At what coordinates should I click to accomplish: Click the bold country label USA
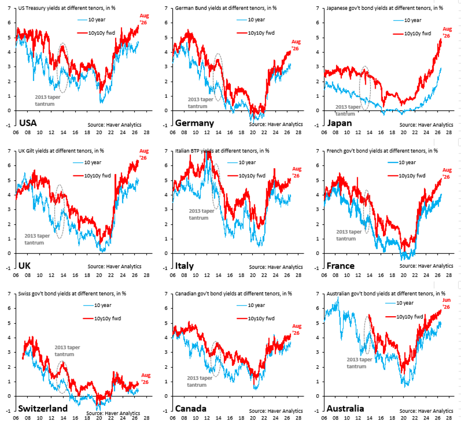click(x=28, y=123)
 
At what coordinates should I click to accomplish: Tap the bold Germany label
click(x=194, y=123)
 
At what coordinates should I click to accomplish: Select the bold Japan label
click(x=339, y=123)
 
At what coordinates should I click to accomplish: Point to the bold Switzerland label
click(x=43, y=408)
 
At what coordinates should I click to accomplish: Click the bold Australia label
click(x=345, y=408)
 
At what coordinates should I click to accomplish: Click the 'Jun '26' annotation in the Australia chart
click(x=446, y=304)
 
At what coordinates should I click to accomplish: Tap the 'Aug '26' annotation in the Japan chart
click(x=447, y=32)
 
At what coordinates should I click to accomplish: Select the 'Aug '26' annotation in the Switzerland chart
click(x=145, y=379)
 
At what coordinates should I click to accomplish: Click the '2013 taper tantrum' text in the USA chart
click(x=47, y=100)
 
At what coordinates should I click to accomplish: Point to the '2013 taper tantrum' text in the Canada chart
click(x=200, y=382)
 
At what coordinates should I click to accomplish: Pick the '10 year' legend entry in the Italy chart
click(x=241, y=162)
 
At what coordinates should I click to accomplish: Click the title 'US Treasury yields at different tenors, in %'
click(x=67, y=8)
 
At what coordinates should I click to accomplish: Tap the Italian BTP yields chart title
click(x=222, y=151)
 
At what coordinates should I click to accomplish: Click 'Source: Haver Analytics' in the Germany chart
click(x=276, y=124)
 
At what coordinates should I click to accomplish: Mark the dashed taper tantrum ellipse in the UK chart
click(x=55, y=211)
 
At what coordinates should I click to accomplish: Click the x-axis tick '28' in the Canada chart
click(x=299, y=418)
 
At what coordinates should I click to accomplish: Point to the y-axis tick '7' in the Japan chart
click(x=318, y=8)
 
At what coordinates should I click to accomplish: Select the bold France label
click(x=341, y=266)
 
